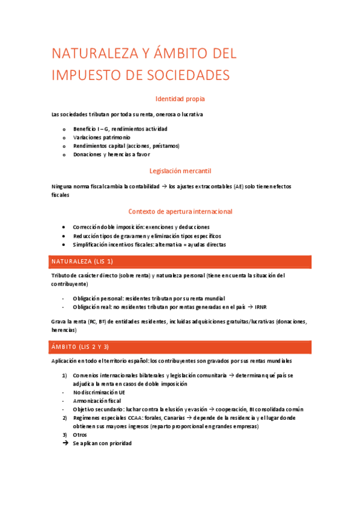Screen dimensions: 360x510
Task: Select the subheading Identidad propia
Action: (x=182, y=99)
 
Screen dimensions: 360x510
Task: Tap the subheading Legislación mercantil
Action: (x=180, y=171)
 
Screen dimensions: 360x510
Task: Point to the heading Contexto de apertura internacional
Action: (x=180, y=212)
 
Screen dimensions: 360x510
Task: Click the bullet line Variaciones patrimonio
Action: (x=102, y=137)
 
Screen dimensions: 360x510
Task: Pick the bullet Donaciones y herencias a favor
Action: (x=111, y=154)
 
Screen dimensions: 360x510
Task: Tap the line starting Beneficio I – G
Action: (x=120, y=129)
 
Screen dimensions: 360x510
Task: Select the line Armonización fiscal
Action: (x=97, y=401)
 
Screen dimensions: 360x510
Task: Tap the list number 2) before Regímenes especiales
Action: (x=65, y=417)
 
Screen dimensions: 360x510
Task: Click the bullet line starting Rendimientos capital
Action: (x=126, y=146)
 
